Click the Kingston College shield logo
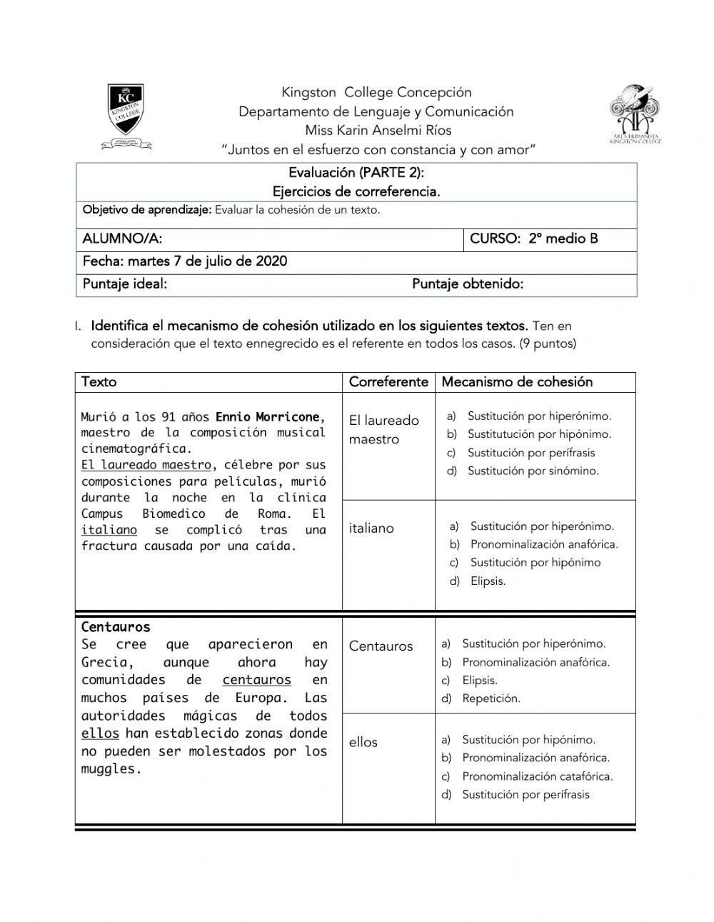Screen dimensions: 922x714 [x=126, y=116]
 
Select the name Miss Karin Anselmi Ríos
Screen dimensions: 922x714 [x=378, y=131]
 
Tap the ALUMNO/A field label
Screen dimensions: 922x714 [x=122, y=239]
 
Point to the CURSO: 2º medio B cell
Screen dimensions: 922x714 [x=534, y=239]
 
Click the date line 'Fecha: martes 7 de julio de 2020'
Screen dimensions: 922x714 [x=185, y=261]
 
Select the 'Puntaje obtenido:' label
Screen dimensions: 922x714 [x=468, y=284]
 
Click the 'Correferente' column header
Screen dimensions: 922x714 [x=388, y=382]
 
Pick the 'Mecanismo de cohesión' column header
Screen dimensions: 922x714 [x=517, y=382]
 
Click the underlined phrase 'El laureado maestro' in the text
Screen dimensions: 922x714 [x=146, y=465]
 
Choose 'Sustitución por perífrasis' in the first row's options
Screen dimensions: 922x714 [x=531, y=453]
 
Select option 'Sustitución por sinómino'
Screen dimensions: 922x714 [x=533, y=471]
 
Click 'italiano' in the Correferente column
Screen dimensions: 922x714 [x=371, y=528]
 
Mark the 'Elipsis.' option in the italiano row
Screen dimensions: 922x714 [x=488, y=581]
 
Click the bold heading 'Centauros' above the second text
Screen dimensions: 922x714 [x=116, y=627]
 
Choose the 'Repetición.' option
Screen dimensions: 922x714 [x=491, y=699]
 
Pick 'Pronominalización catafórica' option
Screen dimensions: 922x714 [x=537, y=776]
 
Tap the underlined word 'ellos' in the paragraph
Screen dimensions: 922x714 [x=100, y=733]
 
